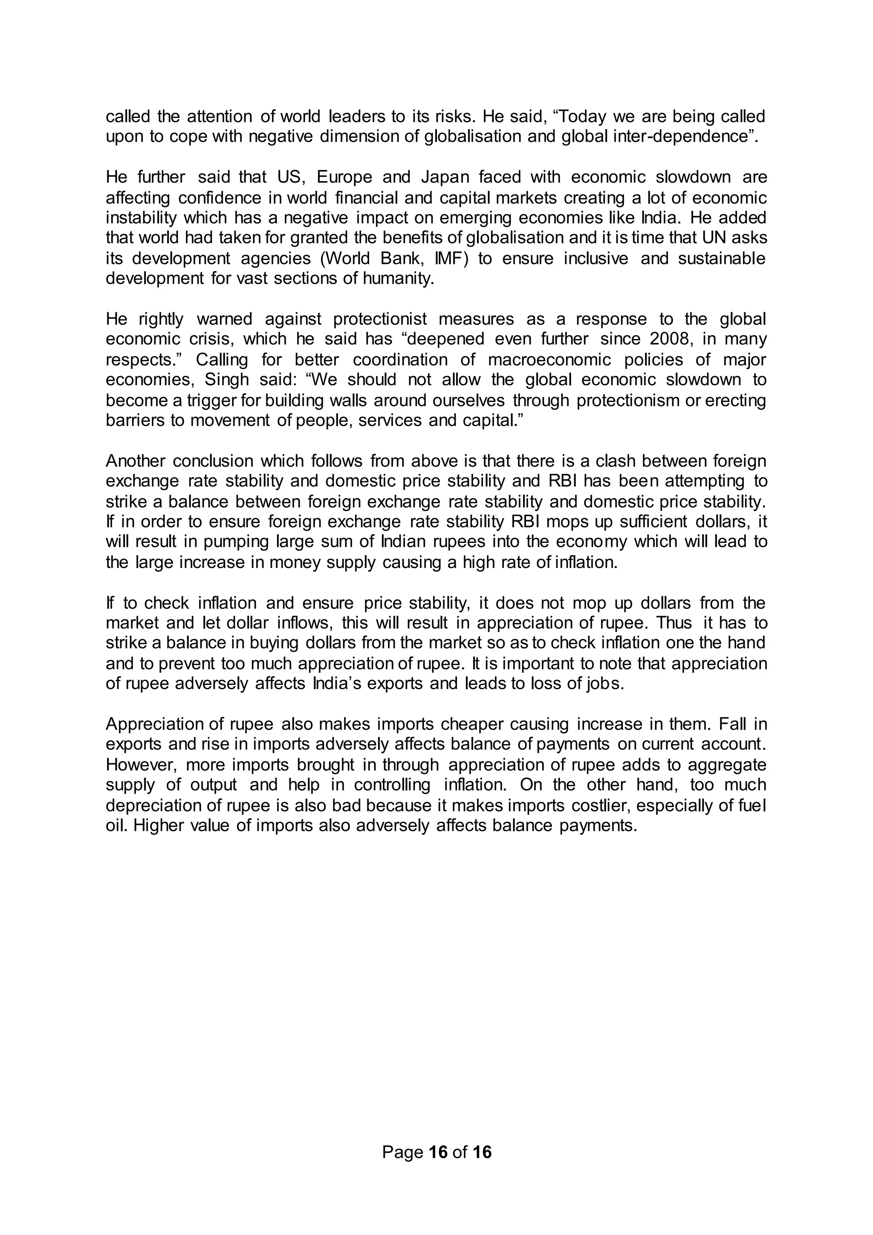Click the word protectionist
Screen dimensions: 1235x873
380,319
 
